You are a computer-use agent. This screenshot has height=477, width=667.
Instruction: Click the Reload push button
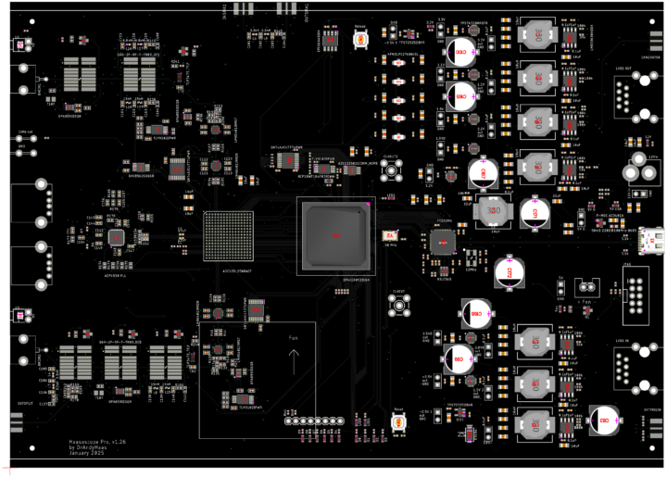(361, 38)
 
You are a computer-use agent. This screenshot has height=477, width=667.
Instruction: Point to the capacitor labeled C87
(484, 170)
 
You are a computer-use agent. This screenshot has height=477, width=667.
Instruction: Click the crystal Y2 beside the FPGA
(389, 235)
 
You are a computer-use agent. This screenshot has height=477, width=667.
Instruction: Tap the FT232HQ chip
(442, 241)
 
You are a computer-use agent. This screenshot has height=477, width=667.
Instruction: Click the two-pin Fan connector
(585, 287)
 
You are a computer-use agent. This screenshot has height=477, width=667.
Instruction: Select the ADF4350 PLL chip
(117, 238)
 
